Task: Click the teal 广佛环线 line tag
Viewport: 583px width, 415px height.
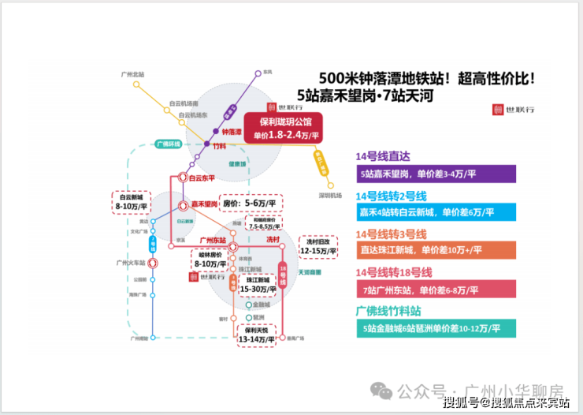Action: point(168,144)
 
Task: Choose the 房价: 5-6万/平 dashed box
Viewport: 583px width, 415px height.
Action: point(250,203)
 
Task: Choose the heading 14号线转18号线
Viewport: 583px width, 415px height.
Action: point(394,272)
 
